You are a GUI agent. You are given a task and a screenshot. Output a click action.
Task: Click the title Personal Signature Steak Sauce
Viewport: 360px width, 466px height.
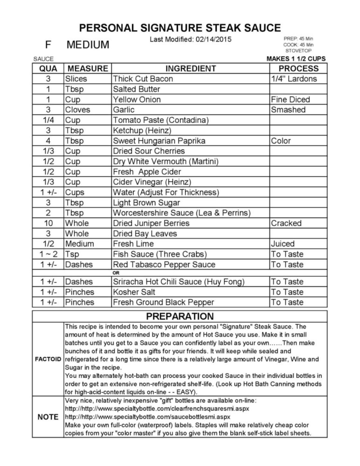180,28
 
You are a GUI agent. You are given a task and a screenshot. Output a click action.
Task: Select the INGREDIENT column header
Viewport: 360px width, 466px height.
190,68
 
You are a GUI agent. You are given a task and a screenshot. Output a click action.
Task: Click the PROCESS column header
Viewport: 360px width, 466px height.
298,68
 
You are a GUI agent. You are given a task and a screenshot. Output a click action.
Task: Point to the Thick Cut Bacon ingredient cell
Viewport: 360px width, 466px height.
143,79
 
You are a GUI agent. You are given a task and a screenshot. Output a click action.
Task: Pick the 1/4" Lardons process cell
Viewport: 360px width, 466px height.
294,79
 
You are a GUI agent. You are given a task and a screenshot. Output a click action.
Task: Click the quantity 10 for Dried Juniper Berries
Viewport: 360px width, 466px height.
48,223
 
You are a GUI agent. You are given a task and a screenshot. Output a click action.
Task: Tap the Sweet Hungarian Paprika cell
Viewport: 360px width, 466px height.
159,141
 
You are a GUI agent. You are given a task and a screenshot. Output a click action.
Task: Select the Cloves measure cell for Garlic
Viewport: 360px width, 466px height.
78,110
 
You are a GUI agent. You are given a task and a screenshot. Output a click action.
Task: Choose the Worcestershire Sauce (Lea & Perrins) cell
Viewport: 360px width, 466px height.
182,213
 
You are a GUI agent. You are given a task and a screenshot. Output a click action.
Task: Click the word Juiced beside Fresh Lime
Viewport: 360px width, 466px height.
283,244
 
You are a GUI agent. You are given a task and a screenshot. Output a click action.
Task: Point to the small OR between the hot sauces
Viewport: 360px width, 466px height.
116,273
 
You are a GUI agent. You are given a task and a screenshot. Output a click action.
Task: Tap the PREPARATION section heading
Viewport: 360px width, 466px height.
180,316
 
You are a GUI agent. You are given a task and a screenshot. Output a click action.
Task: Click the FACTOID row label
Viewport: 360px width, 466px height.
48,359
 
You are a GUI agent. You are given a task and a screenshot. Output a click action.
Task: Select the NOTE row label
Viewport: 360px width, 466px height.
48,417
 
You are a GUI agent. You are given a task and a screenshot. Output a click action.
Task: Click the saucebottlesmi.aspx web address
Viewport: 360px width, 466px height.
148,417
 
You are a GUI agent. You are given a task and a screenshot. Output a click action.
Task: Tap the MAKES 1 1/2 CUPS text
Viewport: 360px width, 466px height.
296,59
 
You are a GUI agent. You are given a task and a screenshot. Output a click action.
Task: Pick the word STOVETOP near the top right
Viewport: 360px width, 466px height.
298,51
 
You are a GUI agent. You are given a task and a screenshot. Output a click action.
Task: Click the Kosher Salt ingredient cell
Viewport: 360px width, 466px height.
134,292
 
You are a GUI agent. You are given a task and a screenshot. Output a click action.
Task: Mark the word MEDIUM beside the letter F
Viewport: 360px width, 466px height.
88,45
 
